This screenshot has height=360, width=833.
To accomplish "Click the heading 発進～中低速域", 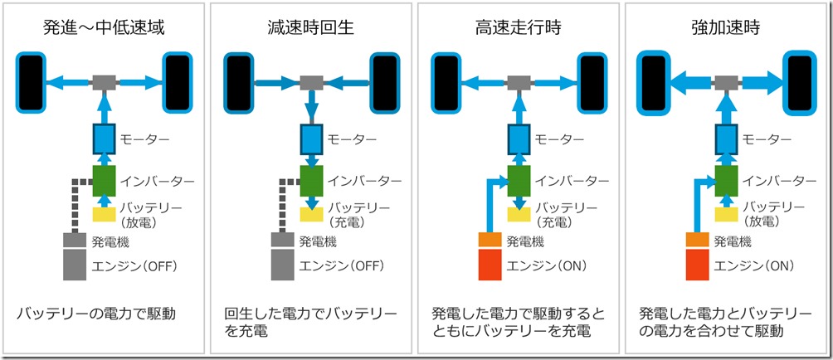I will (x=104, y=27).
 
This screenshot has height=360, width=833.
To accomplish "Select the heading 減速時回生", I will (x=311, y=27).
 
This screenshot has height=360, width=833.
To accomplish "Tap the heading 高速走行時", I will (x=519, y=27).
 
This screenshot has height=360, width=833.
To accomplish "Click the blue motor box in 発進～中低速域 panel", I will (x=104, y=138).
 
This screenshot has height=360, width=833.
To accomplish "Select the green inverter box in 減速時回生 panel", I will (x=311, y=181).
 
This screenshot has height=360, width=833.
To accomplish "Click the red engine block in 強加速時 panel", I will (x=697, y=265).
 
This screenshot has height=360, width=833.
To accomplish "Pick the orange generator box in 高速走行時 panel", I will (x=490, y=241).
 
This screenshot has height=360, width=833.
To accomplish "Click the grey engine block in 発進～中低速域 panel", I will (x=75, y=265).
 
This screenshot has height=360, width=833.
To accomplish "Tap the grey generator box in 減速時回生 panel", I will (x=282, y=241).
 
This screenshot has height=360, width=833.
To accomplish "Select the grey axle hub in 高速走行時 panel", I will (x=519, y=82).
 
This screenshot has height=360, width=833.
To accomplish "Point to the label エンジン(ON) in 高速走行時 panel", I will (x=548, y=265).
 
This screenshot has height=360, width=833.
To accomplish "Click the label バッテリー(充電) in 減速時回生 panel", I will (x=354, y=214).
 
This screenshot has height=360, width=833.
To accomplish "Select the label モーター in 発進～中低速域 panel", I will (x=145, y=139).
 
